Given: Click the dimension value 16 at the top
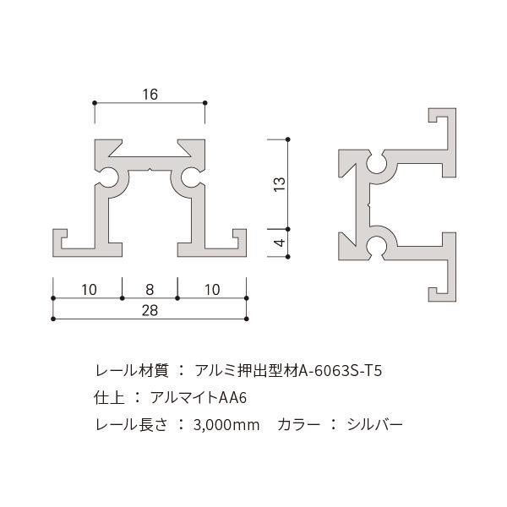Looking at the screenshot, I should (x=150, y=94).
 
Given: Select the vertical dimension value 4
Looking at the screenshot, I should (x=280, y=243).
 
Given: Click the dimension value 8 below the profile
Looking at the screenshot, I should (x=150, y=290).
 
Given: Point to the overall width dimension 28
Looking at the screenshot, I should (x=150, y=310).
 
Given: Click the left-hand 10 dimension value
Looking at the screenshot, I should (x=88, y=290).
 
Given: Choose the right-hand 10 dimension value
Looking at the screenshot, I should (x=211, y=290).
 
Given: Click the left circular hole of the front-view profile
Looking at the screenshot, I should (x=111, y=178).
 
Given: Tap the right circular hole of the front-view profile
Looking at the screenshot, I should (x=189, y=178).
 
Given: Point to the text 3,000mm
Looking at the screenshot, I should (x=227, y=423).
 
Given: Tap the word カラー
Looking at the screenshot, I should (x=298, y=423).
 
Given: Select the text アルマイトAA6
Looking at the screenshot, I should (x=200, y=397).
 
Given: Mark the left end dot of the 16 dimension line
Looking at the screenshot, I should (x=94, y=104).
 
